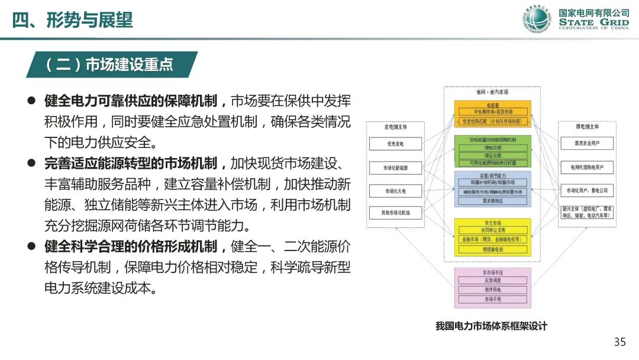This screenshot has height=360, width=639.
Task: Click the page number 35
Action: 619,342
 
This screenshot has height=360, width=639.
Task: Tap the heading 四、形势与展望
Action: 73,20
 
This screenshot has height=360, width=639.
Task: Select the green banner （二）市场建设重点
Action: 109,65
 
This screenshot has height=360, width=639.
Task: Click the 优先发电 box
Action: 395,144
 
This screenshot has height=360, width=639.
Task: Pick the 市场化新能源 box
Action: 395,168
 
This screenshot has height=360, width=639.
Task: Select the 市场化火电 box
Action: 395,191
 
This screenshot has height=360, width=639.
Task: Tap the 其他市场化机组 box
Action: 395,212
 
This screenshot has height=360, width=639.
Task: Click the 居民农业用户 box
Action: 586,144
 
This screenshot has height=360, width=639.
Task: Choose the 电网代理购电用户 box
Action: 586,168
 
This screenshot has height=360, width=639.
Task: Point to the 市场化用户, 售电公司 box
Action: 586,191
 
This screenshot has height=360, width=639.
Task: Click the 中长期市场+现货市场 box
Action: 493,111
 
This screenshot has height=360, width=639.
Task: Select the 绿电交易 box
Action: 493,147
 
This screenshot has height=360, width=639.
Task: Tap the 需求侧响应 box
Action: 493,201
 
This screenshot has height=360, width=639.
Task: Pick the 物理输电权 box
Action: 493,249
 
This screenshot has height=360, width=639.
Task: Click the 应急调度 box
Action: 493,281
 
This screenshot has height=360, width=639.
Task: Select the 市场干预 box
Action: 493,300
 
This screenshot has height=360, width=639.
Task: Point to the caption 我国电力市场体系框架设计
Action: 491,326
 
